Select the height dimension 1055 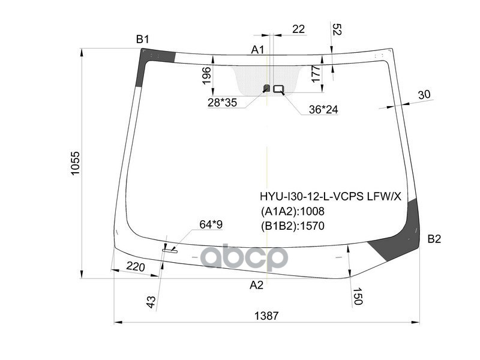click(74, 163)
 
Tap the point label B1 click(142, 40)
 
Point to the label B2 click(434, 239)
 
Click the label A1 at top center click(258, 50)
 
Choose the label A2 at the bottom click(257, 285)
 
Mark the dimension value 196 click(206, 75)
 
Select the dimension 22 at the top click(298, 29)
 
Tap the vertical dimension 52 click(337, 29)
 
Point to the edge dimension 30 click(424, 95)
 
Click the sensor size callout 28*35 click(222, 103)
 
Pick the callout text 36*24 click(323, 110)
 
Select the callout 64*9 click(211, 224)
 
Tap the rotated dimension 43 click(151, 301)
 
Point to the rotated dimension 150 click(358, 296)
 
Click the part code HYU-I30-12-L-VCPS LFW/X click(330, 196)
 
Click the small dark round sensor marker click(267, 89)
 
